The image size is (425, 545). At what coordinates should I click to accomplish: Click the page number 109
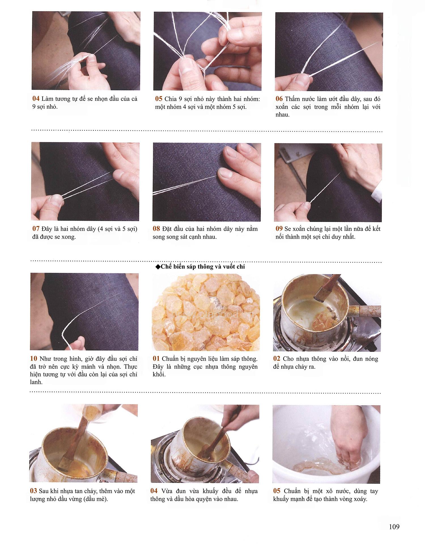click(x=394, y=527)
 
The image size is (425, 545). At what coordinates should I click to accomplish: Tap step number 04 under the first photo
click(x=36, y=99)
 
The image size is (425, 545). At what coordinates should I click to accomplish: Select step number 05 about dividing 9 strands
click(x=159, y=99)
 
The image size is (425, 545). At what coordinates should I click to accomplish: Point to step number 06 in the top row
click(x=279, y=99)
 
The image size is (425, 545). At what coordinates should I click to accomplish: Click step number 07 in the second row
click(x=36, y=229)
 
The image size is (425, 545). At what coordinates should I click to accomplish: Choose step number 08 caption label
click(x=156, y=229)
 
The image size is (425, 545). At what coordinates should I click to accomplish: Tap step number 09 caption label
click(x=279, y=229)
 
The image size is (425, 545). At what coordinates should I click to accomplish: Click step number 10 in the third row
click(x=34, y=359)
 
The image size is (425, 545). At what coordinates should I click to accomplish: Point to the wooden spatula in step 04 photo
click(x=215, y=442)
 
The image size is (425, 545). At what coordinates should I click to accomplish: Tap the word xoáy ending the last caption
click(x=359, y=499)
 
